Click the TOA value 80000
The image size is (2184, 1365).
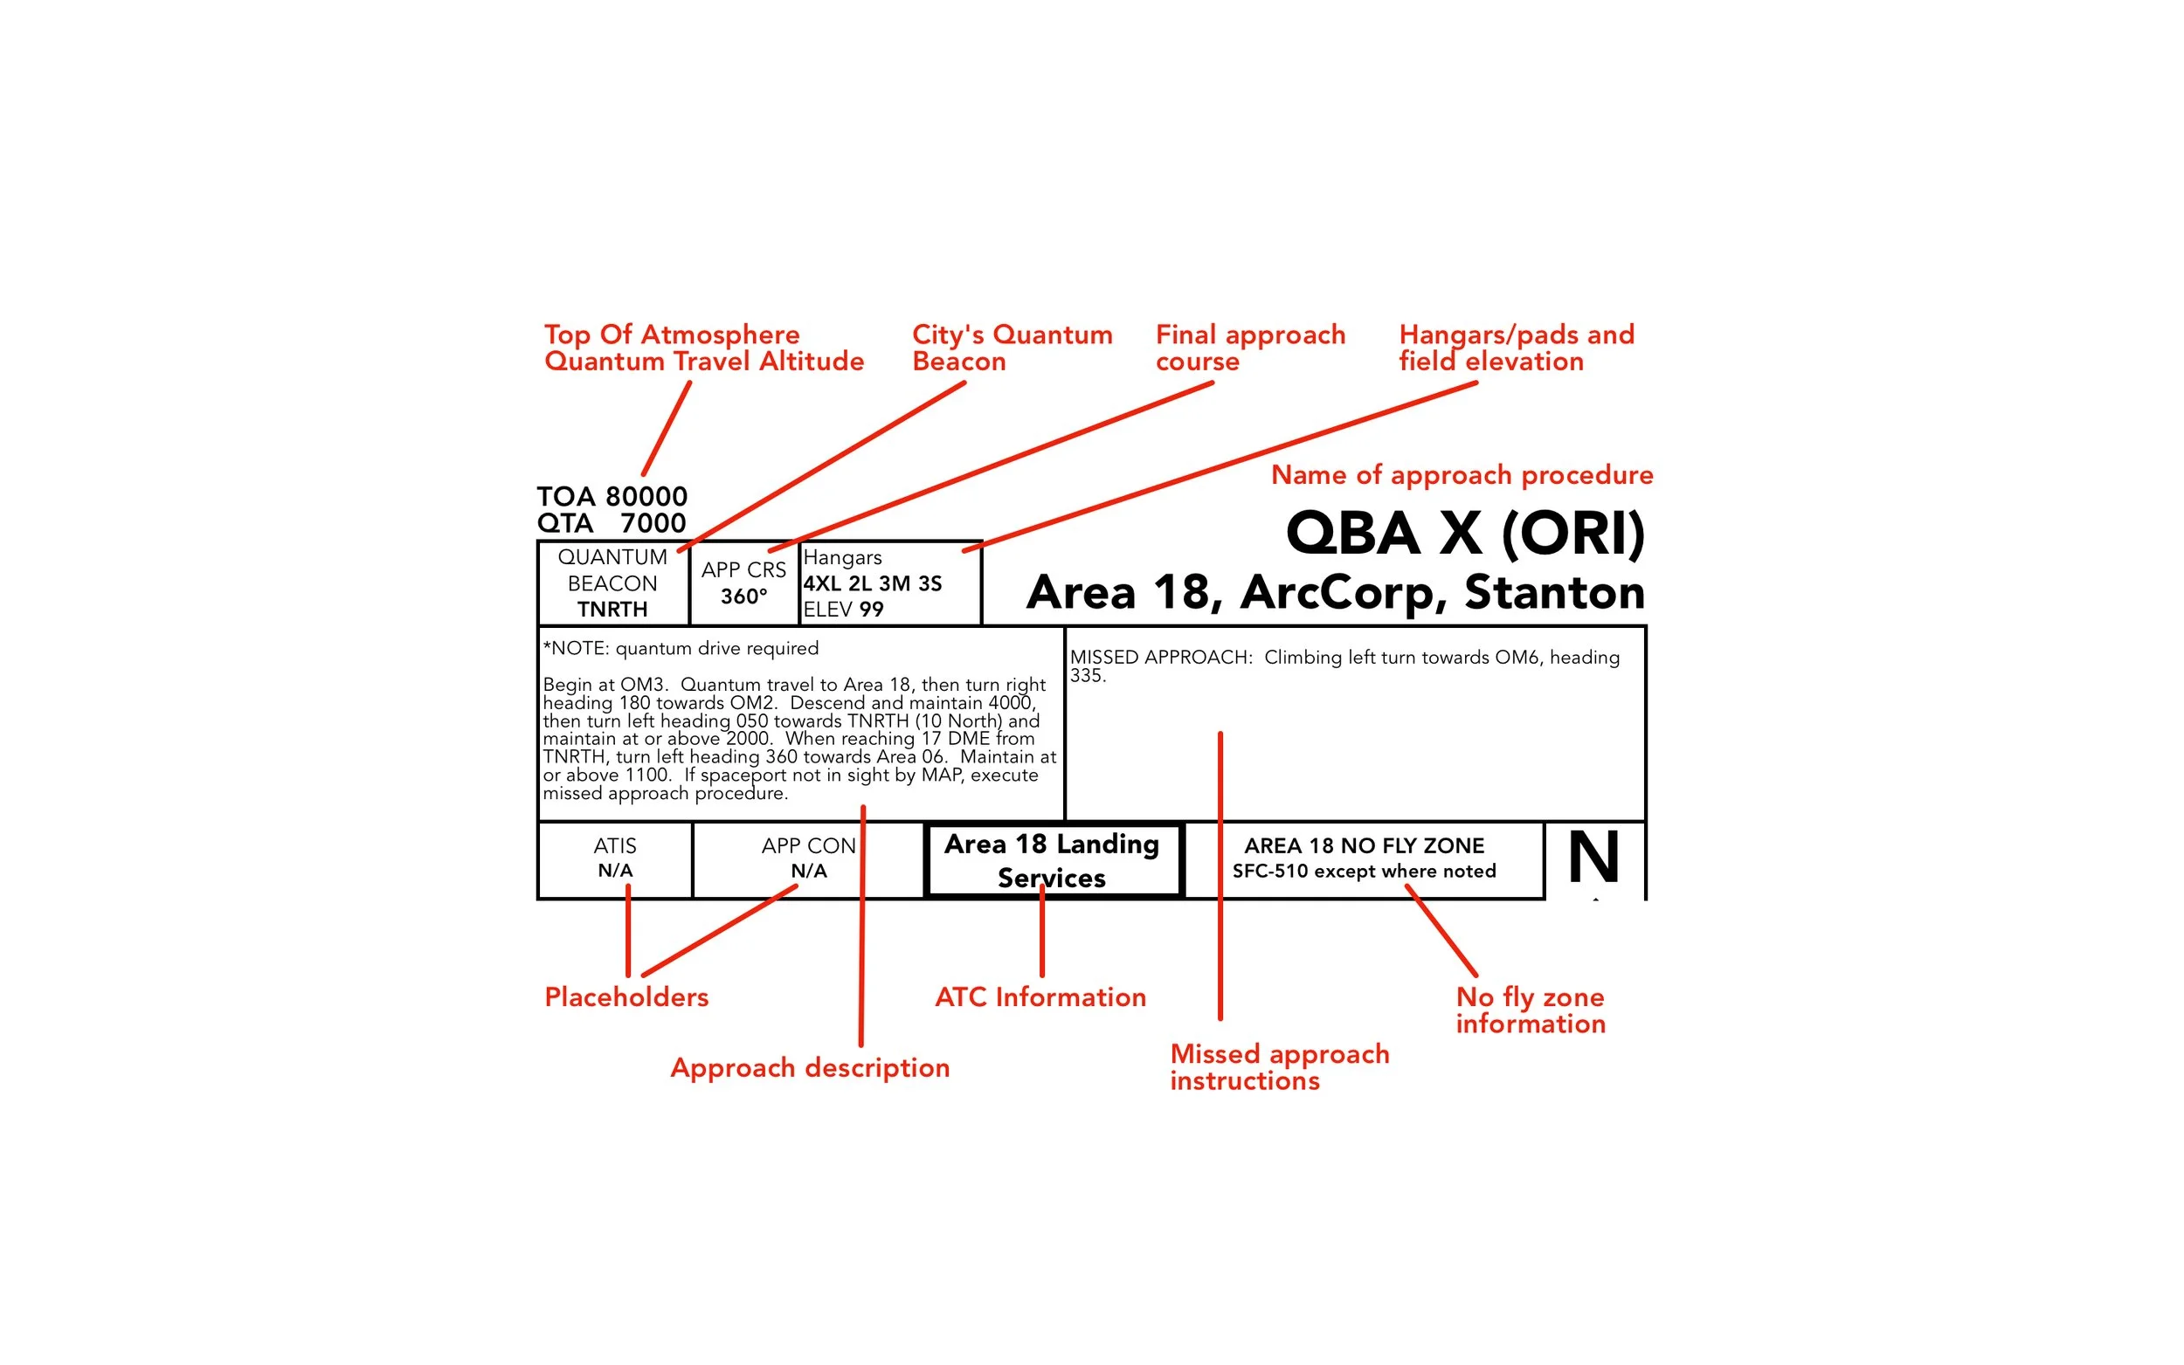tap(646, 497)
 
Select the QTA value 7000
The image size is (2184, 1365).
tap(653, 524)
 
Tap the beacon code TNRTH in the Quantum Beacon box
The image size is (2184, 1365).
tap(613, 610)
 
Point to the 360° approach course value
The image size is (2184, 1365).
tap(744, 596)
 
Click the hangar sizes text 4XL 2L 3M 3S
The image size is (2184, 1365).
tap(873, 583)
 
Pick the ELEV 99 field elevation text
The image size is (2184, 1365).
tap(843, 610)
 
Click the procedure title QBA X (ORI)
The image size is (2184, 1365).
tap(1465, 534)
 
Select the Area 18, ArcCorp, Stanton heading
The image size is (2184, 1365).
tap(1337, 593)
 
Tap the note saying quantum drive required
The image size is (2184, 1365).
tap(681, 648)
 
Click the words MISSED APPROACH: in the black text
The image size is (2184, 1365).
tap(1161, 658)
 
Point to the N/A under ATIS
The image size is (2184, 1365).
tap(615, 872)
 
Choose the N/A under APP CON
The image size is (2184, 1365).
tap(809, 872)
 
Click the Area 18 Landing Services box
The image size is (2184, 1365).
tap(1054, 860)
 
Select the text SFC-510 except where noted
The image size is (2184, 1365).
tap(1365, 872)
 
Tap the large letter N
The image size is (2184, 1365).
tap(1593, 857)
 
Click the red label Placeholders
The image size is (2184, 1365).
tap(626, 996)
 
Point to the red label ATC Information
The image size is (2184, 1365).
tap(1041, 996)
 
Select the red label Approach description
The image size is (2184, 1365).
tap(810, 1068)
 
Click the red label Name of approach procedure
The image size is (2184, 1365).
tap(1462, 475)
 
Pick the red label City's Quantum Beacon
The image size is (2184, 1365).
tap(1013, 348)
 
